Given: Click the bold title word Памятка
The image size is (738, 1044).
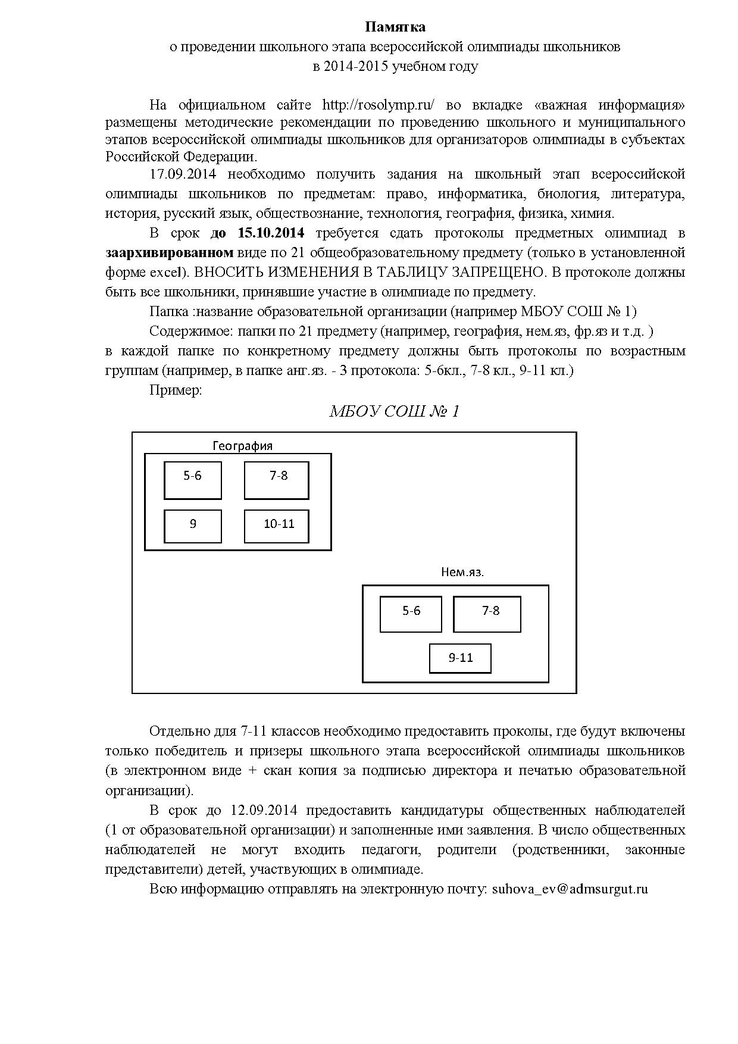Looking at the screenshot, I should click(x=395, y=27).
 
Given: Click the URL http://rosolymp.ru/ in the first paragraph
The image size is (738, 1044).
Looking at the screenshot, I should click(x=378, y=105).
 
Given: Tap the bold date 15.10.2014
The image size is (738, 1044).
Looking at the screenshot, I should click(x=271, y=233).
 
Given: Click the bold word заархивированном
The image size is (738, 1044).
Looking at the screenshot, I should click(x=169, y=252).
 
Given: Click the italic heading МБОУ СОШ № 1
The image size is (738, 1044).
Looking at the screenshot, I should click(x=394, y=412).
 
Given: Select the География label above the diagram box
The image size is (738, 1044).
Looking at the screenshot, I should click(x=242, y=446).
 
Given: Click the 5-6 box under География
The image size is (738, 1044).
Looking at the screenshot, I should click(x=193, y=480).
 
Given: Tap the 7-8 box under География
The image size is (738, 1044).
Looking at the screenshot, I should click(x=277, y=480).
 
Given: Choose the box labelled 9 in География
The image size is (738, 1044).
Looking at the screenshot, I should click(x=193, y=526).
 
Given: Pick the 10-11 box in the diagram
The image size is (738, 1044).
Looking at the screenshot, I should click(x=277, y=526).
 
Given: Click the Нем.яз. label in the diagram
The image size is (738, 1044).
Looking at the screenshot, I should click(x=462, y=573).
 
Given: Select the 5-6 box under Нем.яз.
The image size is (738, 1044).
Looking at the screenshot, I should click(x=411, y=614).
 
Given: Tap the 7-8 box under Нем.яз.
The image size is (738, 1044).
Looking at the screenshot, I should click(x=487, y=614).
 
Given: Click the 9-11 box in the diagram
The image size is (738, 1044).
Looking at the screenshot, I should click(x=461, y=658).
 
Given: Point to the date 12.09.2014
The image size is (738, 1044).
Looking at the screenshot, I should click(x=264, y=810).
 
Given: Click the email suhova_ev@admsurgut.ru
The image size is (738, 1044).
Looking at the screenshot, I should click(x=570, y=889).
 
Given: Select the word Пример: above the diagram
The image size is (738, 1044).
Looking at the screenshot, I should click(x=176, y=390).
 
